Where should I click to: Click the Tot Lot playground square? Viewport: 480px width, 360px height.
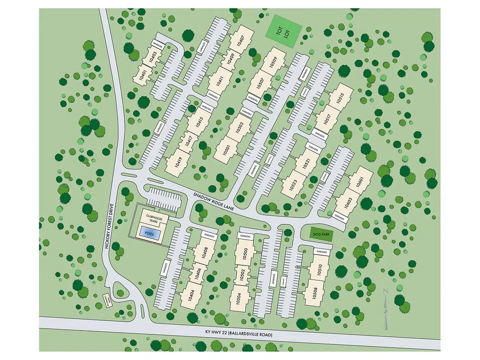tap(284, 31)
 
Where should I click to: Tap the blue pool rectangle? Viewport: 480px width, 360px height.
tap(150, 232)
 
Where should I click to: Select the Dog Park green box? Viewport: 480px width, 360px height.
tap(321, 233)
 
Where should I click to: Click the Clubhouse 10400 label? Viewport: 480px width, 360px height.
tap(153, 219)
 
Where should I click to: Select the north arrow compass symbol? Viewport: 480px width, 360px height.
tap(385, 310)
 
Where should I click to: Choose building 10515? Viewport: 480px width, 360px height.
tap(340, 98)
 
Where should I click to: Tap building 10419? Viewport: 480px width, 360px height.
tap(178, 162)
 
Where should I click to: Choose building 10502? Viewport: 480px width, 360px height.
tap(242, 276)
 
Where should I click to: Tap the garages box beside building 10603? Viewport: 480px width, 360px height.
tap(339, 216)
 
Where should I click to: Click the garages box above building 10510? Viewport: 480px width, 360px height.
tap(322, 252)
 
